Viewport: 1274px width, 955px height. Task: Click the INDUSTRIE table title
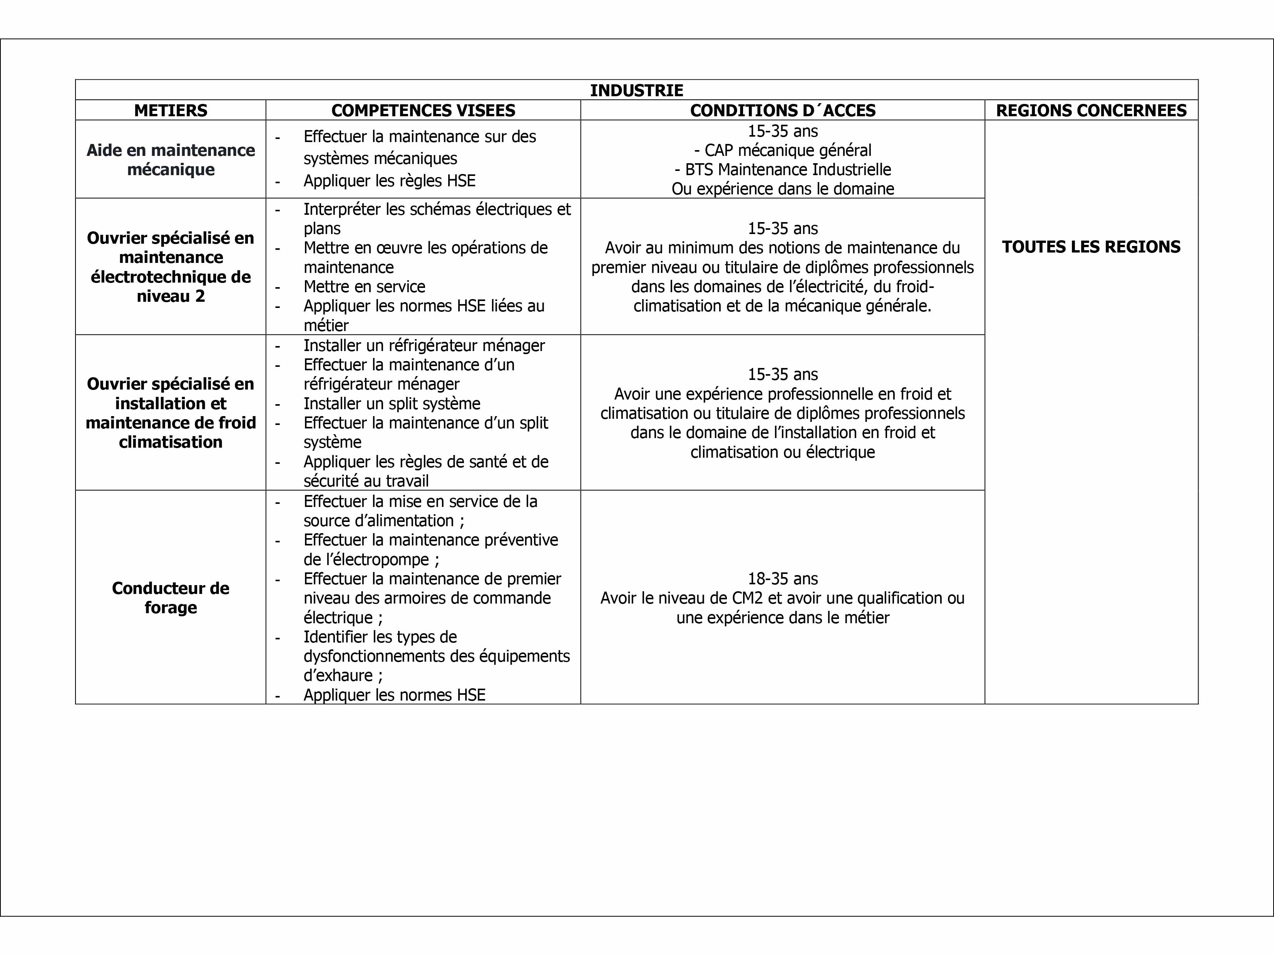pyautogui.click(x=636, y=90)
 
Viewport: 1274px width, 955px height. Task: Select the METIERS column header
pyautogui.click(x=171, y=110)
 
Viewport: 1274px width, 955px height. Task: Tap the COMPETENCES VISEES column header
pyautogui.click(x=424, y=110)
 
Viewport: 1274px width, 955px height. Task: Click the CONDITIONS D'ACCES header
pyautogui.click(x=783, y=110)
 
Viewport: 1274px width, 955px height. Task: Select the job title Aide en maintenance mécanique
pyautogui.click(x=171, y=159)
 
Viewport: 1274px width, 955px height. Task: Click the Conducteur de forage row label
pyautogui.click(x=171, y=597)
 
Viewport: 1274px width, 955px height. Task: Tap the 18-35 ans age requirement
pyautogui.click(x=783, y=578)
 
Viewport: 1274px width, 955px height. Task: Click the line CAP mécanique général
pyautogui.click(x=783, y=151)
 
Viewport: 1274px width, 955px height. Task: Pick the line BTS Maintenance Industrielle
pyautogui.click(x=783, y=169)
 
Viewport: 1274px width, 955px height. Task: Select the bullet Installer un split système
pyautogui.click(x=392, y=403)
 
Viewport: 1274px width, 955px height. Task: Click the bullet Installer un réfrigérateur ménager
pyautogui.click(x=424, y=345)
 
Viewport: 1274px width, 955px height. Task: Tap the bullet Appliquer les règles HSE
pyautogui.click(x=389, y=181)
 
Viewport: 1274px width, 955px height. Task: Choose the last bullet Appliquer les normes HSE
pyautogui.click(x=395, y=695)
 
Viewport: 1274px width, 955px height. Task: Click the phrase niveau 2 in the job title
pyautogui.click(x=171, y=296)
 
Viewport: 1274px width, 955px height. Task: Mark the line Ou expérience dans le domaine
pyautogui.click(x=783, y=189)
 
